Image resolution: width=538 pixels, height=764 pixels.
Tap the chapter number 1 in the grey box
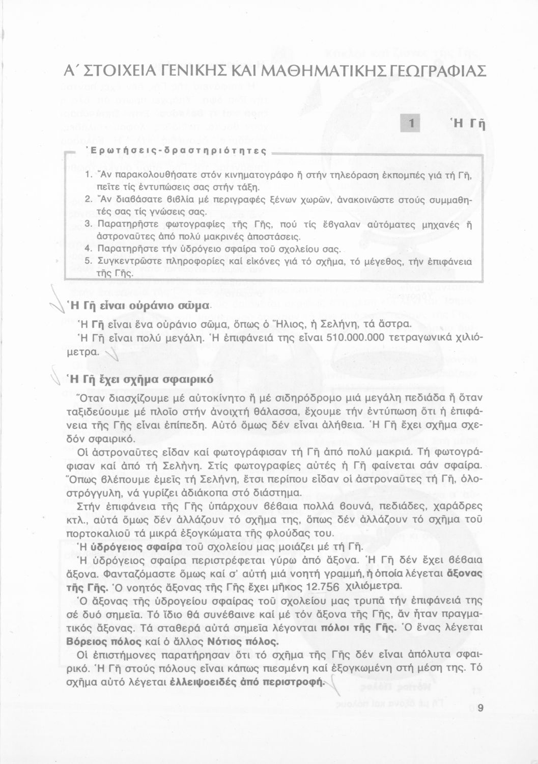[411, 124]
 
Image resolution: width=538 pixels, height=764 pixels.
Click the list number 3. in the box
[87, 224]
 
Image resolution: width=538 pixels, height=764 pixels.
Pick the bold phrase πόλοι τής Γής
[359, 627]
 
